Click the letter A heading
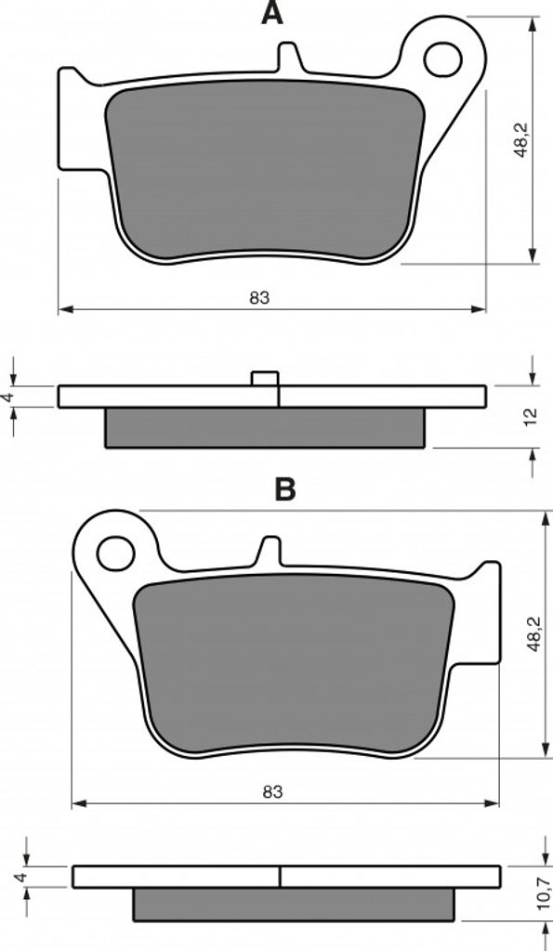point(272,13)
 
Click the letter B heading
point(284,489)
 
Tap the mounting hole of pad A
point(442,59)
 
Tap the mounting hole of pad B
point(115,554)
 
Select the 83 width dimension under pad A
point(258,298)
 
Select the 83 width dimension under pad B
point(272,791)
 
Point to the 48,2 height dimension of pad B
point(534,633)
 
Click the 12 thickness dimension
point(531,417)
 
